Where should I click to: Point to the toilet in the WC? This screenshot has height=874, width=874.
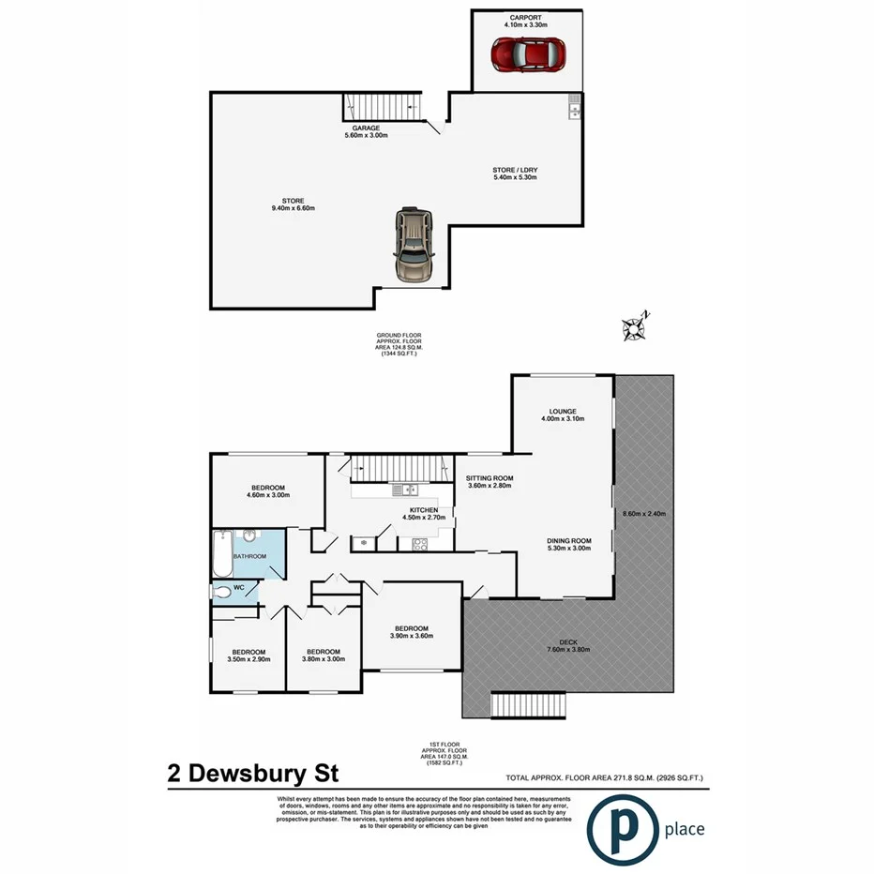coord(223,591)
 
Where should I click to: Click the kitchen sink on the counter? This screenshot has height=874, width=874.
coord(403,489)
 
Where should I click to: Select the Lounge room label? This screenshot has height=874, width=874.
coord(563,411)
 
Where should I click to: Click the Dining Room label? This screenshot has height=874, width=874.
coord(569,540)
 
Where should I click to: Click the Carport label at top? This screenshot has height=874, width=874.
coord(526,18)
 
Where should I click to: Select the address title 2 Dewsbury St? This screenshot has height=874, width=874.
coord(252,775)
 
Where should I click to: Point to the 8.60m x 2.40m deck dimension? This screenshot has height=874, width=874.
coord(644,513)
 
